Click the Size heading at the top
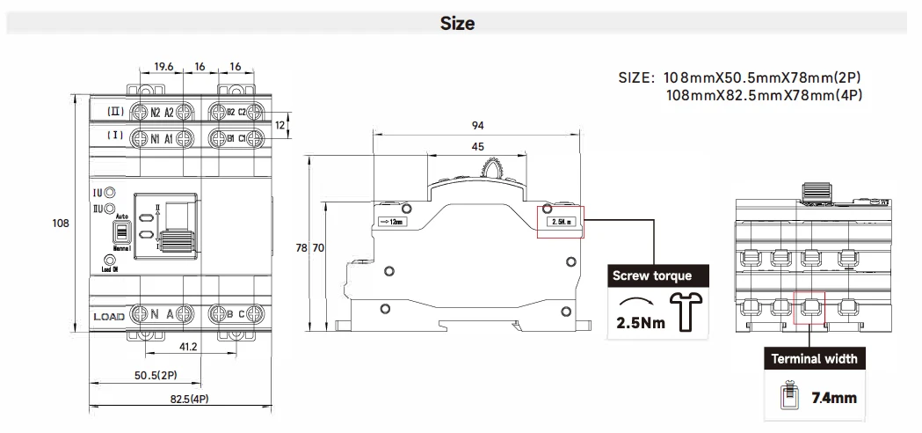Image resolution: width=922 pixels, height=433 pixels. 457,24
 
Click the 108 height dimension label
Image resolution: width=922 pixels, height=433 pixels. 61,224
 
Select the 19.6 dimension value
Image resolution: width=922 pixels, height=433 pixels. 163,66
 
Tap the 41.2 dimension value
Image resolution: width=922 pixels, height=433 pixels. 188,347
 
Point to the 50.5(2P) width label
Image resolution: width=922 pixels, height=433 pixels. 156,376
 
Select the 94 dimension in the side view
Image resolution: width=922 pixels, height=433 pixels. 477,125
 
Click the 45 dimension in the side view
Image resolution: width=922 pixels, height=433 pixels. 477,146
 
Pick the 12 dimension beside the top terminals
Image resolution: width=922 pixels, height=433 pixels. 280,125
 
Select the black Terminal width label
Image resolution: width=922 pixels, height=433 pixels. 814,358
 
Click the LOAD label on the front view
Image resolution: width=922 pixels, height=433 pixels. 111,315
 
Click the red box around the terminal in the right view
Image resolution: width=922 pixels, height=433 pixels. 809,308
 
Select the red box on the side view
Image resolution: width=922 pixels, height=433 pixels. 560,222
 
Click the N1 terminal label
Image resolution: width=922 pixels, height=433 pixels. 155,138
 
